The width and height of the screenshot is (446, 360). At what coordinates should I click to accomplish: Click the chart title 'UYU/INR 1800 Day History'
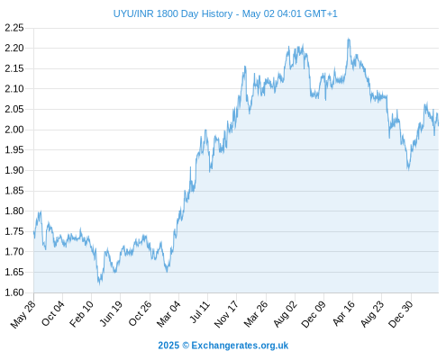click(173, 13)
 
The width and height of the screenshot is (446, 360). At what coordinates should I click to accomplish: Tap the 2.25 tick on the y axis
click(14, 28)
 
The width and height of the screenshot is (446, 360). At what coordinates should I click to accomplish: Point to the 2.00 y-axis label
click(14, 130)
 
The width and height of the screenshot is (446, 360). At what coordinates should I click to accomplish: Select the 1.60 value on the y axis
click(14, 292)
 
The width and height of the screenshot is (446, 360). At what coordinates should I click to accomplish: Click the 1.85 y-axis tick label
click(14, 191)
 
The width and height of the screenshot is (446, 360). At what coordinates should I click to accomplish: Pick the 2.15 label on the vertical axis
click(14, 68)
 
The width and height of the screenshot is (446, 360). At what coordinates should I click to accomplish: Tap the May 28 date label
click(23, 314)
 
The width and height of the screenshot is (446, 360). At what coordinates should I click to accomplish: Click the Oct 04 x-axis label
click(53, 313)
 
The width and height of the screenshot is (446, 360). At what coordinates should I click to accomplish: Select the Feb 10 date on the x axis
click(81, 313)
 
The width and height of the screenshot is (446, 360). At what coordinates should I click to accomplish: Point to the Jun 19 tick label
click(111, 313)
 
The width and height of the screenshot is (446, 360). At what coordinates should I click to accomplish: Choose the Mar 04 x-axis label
click(168, 313)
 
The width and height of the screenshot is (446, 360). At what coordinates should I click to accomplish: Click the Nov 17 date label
click(226, 314)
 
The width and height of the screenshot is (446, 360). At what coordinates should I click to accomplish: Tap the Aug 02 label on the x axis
click(286, 314)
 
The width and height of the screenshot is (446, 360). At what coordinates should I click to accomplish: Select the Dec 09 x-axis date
click(314, 314)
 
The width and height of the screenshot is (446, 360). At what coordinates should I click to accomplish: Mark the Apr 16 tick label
click(343, 313)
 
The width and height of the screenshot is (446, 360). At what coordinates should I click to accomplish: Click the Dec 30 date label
click(401, 314)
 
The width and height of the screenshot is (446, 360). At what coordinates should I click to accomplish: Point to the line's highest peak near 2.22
click(349, 39)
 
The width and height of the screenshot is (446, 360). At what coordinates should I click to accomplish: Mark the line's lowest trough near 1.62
click(99, 283)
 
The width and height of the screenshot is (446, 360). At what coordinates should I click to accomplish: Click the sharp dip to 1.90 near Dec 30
click(408, 169)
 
